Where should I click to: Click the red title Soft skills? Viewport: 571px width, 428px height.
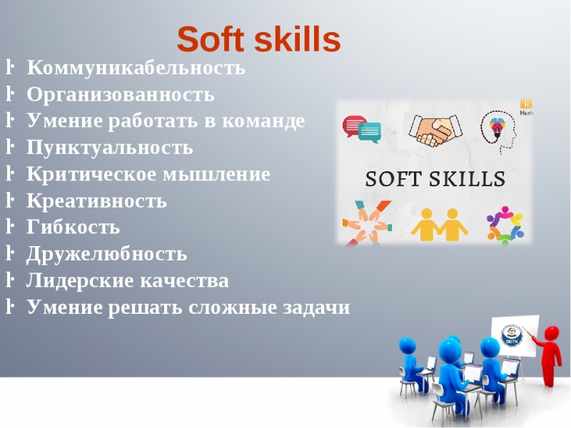[259, 39]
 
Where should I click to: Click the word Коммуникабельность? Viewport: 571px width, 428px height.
[136, 68]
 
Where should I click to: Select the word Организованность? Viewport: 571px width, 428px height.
[121, 95]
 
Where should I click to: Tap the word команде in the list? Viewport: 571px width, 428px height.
[263, 121]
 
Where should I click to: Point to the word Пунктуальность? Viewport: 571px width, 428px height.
[110, 148]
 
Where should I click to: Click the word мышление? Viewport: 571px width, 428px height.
[216, 174]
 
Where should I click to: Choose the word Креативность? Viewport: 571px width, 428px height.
[97, 201]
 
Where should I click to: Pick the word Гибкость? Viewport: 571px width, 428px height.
[74, 228]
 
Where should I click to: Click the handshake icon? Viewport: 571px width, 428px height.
[435, 131]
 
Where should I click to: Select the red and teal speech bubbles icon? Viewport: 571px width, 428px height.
[362, 129]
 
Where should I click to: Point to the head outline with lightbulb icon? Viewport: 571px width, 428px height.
[499, 132]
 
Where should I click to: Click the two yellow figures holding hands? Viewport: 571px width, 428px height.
[440, 225]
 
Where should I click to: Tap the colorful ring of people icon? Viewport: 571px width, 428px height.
[505, 225]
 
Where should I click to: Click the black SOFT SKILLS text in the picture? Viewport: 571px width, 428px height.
[435, 179]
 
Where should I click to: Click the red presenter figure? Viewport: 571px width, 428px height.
[549, 355]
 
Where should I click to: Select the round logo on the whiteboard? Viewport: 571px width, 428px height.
[512, 335]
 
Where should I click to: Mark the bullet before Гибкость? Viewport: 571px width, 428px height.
[10, 227]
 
